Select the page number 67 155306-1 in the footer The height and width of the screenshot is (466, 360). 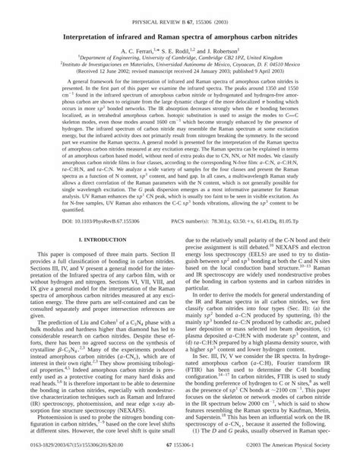(x=180, y=458)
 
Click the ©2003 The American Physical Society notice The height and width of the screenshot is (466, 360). (x=304, y=458)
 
